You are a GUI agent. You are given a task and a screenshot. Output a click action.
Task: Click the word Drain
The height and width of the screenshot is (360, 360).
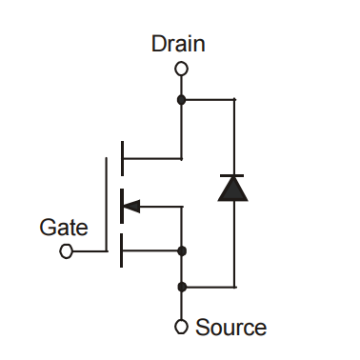(178, 44)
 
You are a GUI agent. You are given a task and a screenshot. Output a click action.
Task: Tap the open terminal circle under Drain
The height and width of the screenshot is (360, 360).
(181, 69)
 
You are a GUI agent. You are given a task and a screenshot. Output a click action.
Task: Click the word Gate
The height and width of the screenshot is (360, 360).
(64, 228)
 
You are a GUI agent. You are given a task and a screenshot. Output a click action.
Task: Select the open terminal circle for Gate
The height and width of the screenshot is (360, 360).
(66, 251)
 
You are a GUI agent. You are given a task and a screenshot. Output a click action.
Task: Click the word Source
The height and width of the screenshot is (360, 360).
(230, 328)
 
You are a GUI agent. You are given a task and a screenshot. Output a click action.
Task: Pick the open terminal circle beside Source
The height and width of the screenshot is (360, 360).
(181, 327)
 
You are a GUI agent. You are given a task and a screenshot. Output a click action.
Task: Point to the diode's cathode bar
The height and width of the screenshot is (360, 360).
(233, 175)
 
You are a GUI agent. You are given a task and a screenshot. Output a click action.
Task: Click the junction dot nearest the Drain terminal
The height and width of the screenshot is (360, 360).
(181, 98)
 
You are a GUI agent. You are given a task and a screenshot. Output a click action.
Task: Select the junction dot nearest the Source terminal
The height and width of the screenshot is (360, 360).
(181, 286)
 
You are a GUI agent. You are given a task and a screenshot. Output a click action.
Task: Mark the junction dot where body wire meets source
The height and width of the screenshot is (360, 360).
(181, 250)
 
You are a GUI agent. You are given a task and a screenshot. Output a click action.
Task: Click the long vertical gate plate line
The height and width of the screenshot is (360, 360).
(106, 204)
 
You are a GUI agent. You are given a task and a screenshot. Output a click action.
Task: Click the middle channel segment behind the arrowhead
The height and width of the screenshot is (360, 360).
(121, 204)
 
